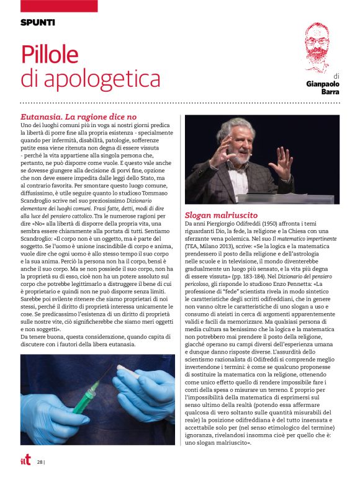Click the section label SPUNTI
pyautogui.click(x=38, y=22)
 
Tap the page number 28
pyautogui.click(x=40, y=462)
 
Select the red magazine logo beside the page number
pyautogui.click(x=25, y=461)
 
